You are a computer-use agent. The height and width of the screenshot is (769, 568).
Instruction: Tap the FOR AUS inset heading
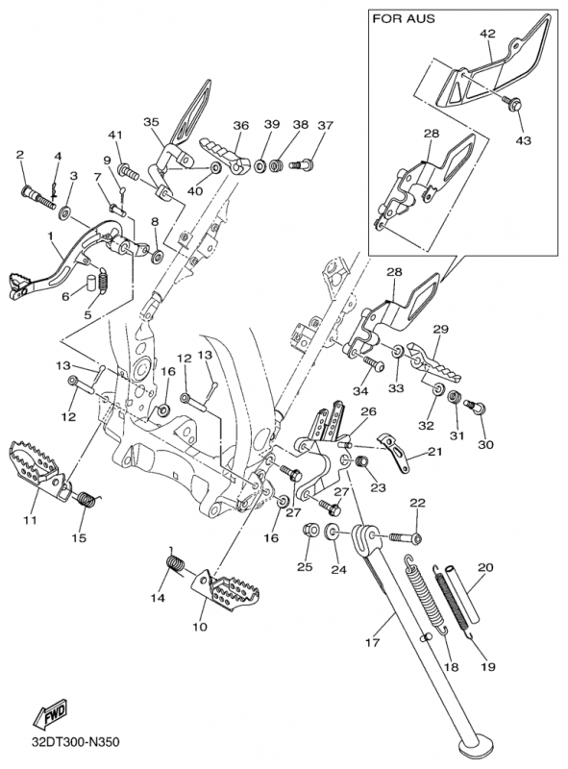click(404, 19)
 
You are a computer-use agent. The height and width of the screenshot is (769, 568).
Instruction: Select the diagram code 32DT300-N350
click(75, 741)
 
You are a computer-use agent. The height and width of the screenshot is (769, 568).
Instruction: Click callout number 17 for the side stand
click(373, 641)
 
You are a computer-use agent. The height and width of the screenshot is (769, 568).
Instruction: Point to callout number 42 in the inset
click(487, 34)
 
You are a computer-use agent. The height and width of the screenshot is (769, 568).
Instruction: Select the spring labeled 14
click(175, 559)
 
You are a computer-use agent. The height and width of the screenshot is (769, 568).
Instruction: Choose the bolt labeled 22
click(406, 538)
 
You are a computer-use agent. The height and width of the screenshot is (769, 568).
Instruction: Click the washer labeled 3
click(64, 213)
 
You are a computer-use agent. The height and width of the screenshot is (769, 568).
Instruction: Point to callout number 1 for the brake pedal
click(50, 236)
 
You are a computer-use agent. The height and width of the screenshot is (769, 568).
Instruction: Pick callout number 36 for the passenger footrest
click(241, 126)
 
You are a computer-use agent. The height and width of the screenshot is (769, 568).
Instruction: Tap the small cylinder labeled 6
click(91, 284)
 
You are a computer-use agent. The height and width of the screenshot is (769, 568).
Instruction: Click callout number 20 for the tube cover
click(485, 567)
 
